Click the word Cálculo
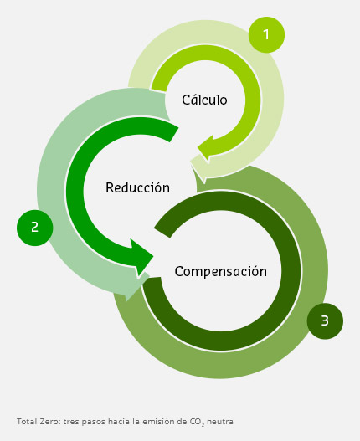(x=204, y=100)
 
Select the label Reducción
(x=137, y=187)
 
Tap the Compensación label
(x=221, y=272)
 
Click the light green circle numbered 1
(x=266, y=34)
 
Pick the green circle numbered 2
(x=35, y=228)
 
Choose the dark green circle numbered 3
(x=325, y=320)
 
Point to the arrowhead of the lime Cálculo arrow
(x=208, y=149)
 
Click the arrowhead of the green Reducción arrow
(x=142, y=258)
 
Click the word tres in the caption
(x=71, y=422)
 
